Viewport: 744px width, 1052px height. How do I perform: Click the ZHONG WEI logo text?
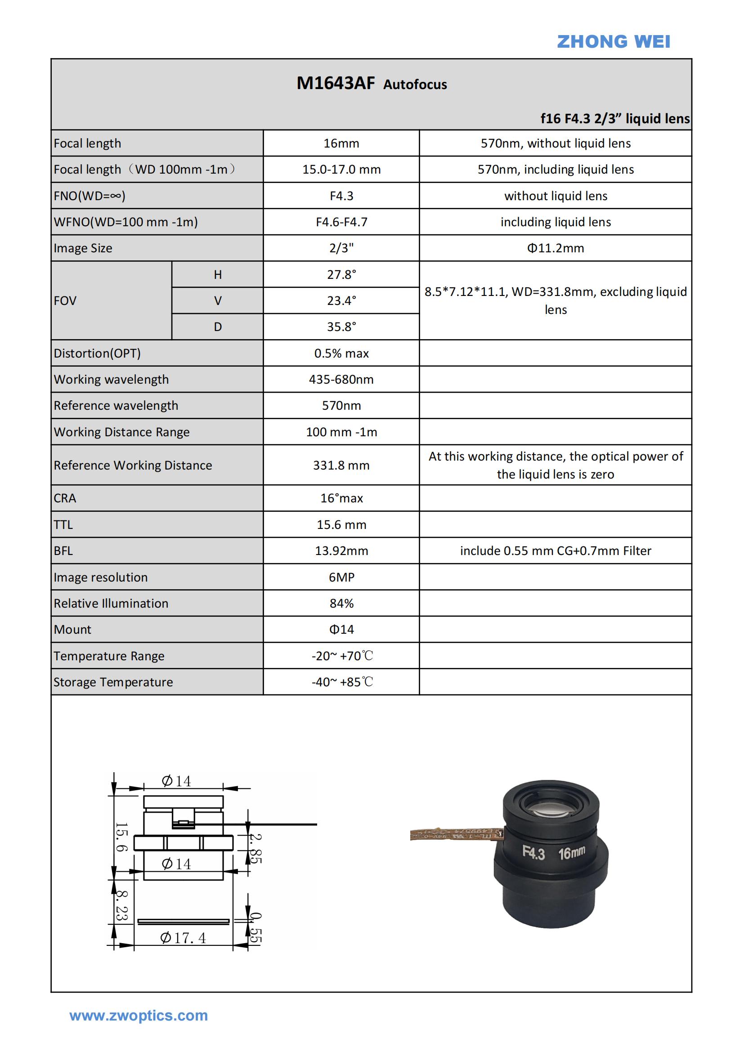point(613,42)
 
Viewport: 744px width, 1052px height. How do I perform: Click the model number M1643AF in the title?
point(336,83)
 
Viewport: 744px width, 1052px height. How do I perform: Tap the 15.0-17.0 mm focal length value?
point(341,170)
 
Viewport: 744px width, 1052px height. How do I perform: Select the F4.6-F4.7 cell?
point(341,222)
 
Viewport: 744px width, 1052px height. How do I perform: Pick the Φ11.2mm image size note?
point(555,248)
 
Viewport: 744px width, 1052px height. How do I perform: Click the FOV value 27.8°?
point(341,274)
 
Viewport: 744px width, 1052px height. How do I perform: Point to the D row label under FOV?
point(218,327)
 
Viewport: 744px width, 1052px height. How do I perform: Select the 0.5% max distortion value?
point(341,353)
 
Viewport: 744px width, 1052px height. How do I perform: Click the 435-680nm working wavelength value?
point(341,380)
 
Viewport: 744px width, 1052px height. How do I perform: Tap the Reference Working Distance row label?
point(133,466)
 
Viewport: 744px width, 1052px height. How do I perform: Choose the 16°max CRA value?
point(341,498)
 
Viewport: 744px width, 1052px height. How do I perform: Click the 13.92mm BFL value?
point(341,551)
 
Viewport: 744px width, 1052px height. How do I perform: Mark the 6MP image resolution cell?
point(341,577)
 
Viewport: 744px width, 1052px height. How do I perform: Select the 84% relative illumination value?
point(341,604)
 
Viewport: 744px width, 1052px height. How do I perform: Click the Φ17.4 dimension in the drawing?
point(183,938)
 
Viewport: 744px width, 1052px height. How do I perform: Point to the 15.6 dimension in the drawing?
point(121,837)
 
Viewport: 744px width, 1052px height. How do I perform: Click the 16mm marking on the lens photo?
point(571,853)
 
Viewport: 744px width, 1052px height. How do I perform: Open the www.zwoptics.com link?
point(139,1016)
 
